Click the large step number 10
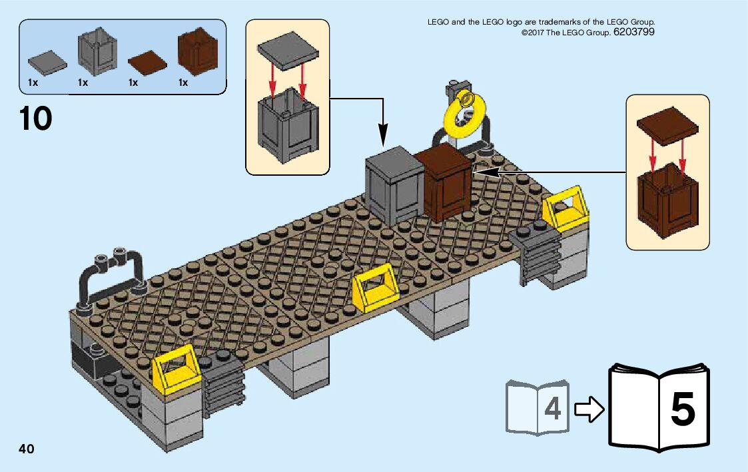point(36,118)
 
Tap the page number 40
point(27,449)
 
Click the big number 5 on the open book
point(682,409)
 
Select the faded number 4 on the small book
point(552,409)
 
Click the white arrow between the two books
point(589,409)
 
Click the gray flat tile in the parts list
point(48,63)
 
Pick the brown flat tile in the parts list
point(148,63)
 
